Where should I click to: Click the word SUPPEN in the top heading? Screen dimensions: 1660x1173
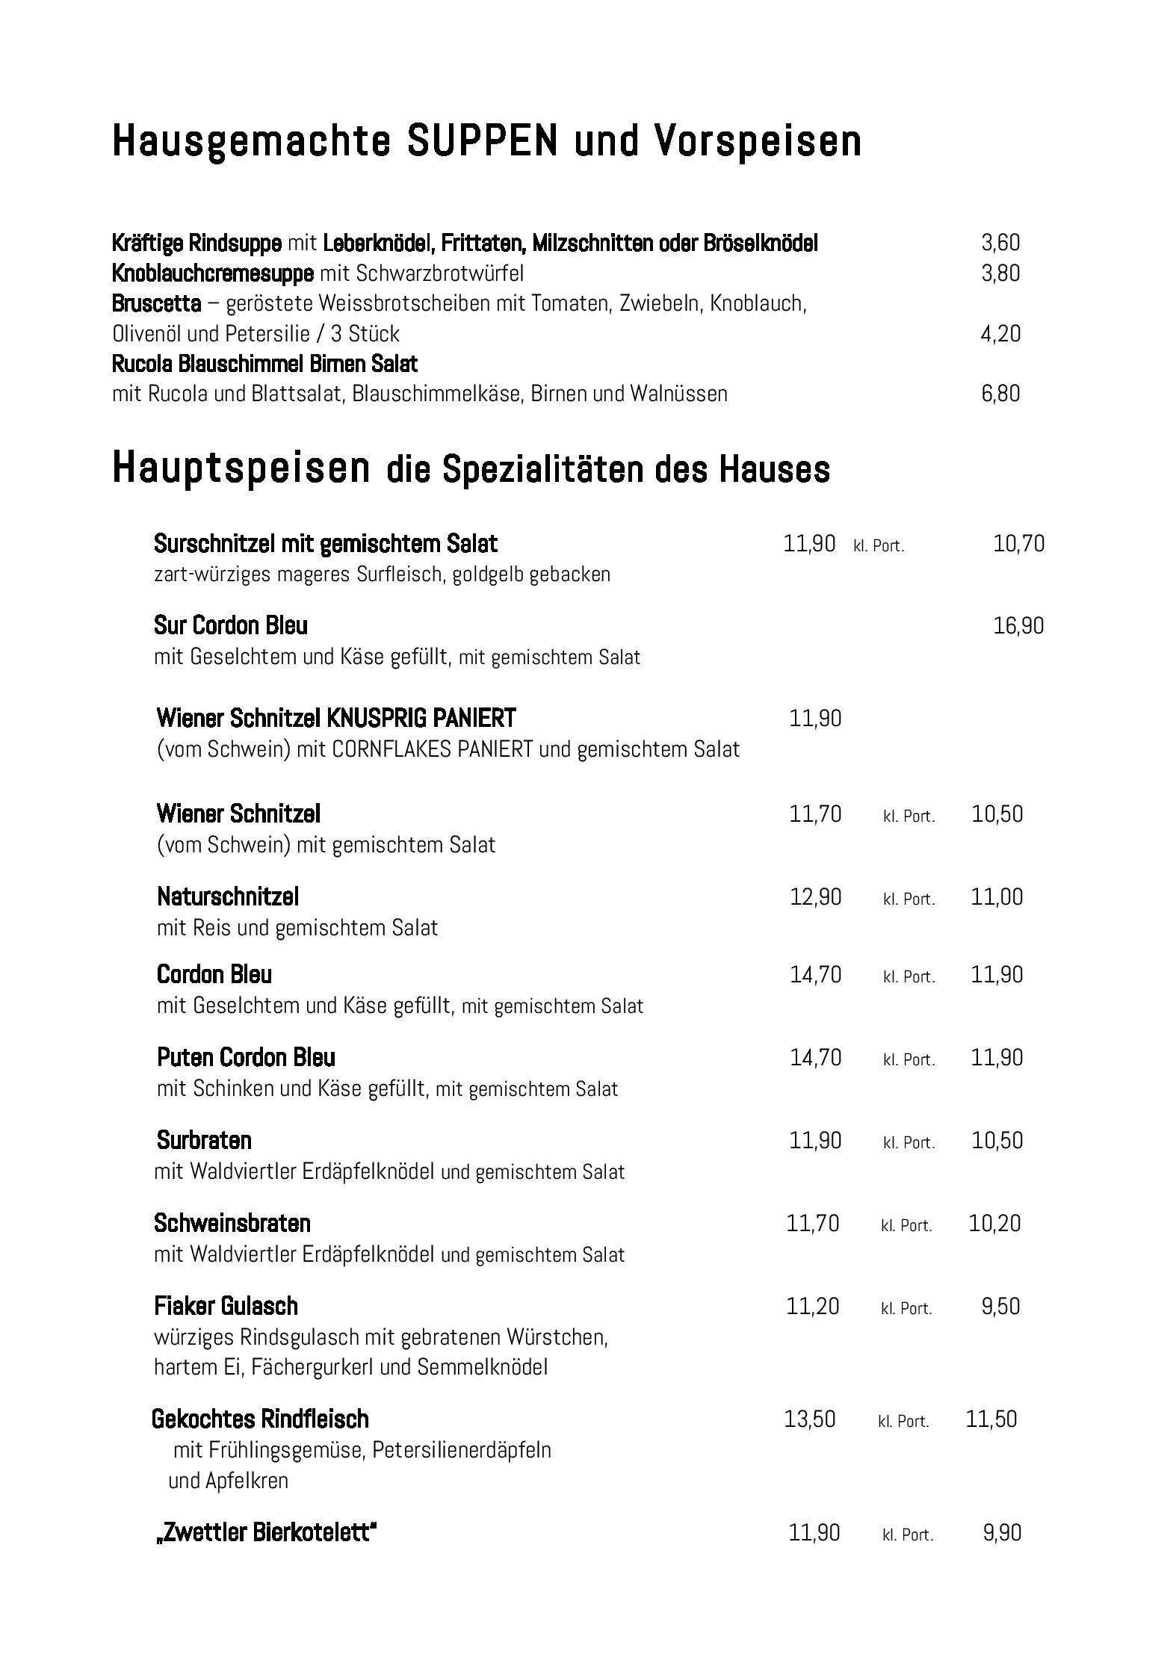pyautogui.click(x=483, y=141)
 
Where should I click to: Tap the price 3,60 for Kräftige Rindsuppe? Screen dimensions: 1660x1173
pyautogui.click(x=1000, y=243)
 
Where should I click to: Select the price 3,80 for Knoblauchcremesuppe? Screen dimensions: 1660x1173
pyautogui.click(x=1000, y=273)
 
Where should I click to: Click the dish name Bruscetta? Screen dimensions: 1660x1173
pyautogui.click(x=156, y=303)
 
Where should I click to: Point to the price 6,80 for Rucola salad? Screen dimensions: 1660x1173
pyautogui.click(x=1000, y=394)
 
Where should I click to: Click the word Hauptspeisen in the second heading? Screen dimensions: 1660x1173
pyautogui.click(x=241, y=468)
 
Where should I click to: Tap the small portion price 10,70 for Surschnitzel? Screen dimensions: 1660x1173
pyautogui.click(x=1018, y=544)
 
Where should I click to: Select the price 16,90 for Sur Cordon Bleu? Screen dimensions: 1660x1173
pyautogui.click(x=1018, y=625)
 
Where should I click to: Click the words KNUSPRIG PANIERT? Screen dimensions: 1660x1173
pyautogui.click(x=421, y=718)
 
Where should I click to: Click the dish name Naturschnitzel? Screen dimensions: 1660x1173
pyautogui.click(x=228, y=896)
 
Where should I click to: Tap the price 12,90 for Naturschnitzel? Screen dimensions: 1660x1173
pyautogui.click(x=815, y=896)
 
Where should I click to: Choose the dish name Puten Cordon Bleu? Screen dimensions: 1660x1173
pyautogui.click(x=246, y=1057)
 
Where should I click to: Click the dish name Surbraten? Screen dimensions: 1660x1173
pyautogui.click(x=204, y=1140)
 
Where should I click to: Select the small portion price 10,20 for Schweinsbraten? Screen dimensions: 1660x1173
pyautogui.click(x=994, y=1223)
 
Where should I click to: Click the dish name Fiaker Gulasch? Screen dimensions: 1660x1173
pyautogui.click(x=226, y=1306)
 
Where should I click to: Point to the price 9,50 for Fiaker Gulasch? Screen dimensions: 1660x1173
pyautogui.click(x=1000, y=1306)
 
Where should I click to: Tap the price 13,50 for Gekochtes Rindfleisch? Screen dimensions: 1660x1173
pyautogui.click(x=809, y=1419)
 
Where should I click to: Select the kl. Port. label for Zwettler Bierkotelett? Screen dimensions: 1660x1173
pyautogui.click(x=908, y=1534)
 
